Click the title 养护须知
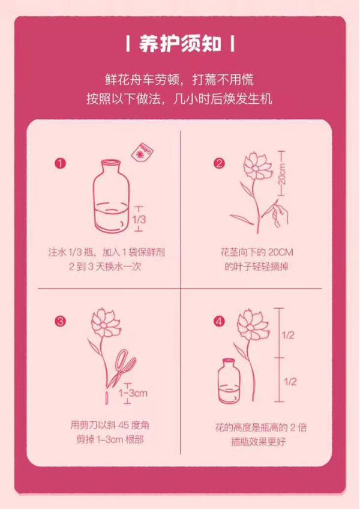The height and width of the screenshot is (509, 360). point(180,44)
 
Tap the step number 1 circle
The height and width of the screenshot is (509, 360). point(61,163)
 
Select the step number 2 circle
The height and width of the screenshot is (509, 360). point(219,163)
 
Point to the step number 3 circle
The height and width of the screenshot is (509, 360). point(61,321)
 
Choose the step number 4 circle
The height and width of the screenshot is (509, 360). point(219,321)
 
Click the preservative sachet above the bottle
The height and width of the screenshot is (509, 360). point(142,151)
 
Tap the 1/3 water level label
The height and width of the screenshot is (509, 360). point(139,219)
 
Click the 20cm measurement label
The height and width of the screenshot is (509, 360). point(282,173)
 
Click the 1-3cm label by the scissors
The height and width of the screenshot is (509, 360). point(133,393)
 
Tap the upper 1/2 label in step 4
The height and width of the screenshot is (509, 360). point(288,335)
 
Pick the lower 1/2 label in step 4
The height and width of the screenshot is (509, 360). point(290,381)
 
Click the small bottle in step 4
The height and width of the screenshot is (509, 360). point(229,381)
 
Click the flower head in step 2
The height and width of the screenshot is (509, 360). point(258,166)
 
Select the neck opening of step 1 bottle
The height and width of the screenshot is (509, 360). point(111,161)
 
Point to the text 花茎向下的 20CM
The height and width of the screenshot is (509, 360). point(256,252)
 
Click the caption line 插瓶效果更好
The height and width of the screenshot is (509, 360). point(259,442)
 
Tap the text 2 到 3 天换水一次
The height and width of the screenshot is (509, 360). point(106,267)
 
